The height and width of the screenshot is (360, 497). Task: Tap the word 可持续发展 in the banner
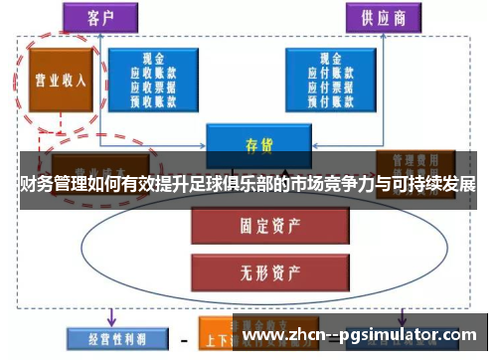click(x=438, y=185)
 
